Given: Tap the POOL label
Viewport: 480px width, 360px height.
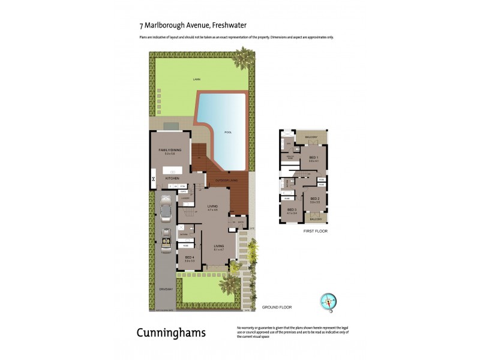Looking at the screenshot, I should click(x=228, y=131).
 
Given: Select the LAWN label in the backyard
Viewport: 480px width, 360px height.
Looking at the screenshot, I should click(x=196, y=79).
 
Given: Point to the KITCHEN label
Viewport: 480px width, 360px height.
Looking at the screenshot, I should click(x=173, y=178).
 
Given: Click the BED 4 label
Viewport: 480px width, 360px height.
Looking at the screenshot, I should click(x=189, y=256).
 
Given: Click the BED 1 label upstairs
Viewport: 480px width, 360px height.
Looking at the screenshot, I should click(x=313, y=158).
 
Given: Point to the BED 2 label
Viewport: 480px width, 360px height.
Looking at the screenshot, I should click(x=314, y=199).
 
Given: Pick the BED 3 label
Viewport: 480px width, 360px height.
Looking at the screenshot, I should click(x=292, y=209).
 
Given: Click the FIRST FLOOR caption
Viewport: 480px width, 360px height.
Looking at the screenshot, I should click(x=314, y=231).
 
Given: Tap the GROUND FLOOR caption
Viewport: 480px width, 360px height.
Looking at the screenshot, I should click(x=277, y=307).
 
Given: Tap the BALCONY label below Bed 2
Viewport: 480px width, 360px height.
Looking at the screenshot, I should click(x=316, y=219).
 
